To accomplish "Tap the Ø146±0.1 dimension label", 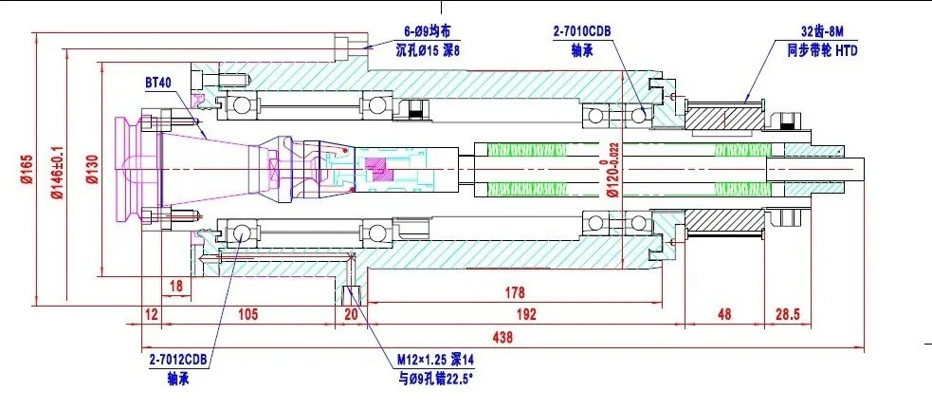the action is [x=57, y=170].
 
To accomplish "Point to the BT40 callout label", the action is [x=158, y=82].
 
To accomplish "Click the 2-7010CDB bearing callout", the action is [x=582, y=31].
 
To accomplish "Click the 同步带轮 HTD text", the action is [x=823, y=50].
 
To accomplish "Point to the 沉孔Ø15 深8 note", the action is [x=428, y=50].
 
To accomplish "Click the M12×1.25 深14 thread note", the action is [x=436, y=360].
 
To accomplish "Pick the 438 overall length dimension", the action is [x=503, y=338].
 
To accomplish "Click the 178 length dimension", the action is [x=515, y=292].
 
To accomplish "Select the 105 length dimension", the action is [x=247, y=313].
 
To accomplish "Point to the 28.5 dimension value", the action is [x=788, y=313].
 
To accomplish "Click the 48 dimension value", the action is [x=724, y=313].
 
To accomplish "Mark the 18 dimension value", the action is [x=176, y=286].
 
